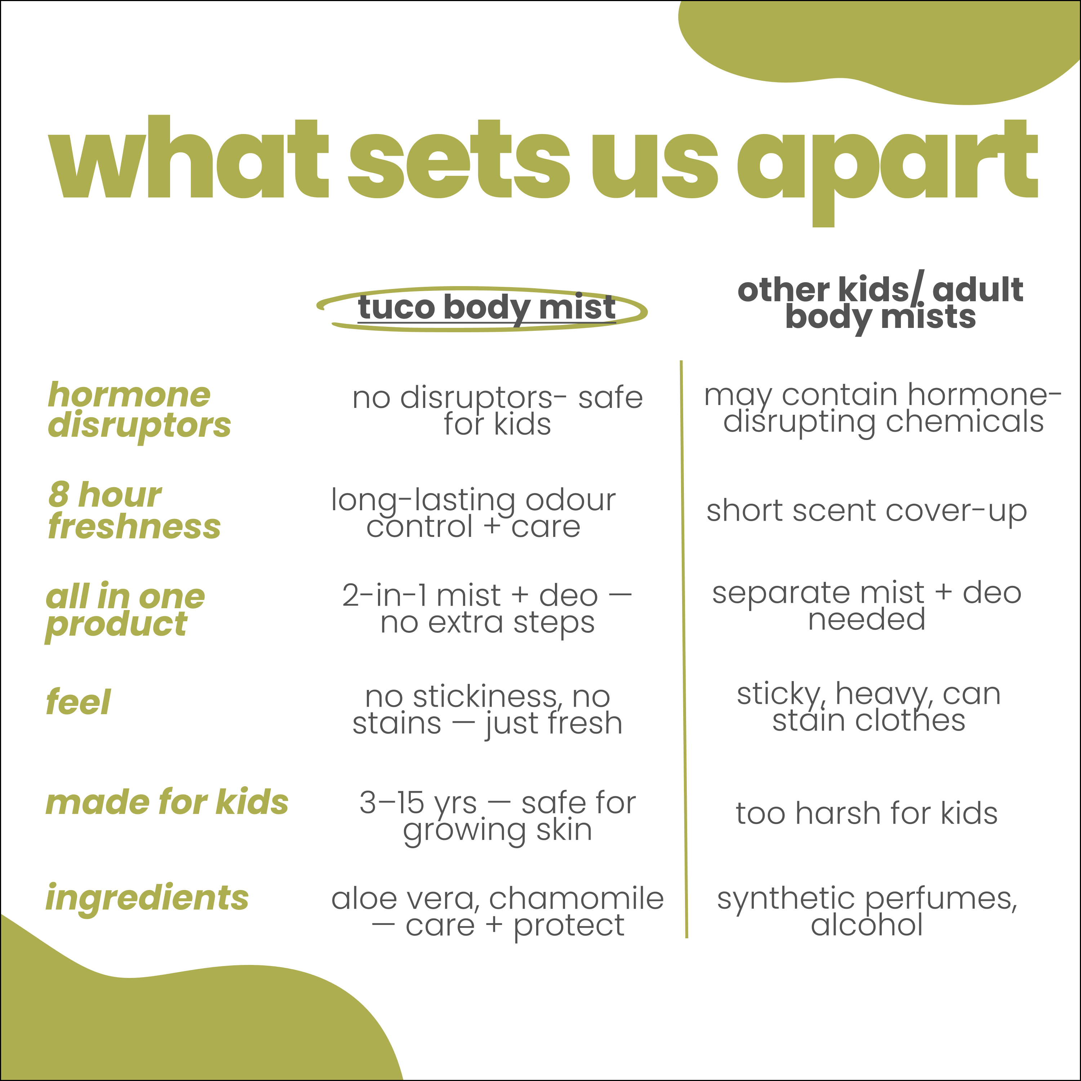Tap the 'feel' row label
78,702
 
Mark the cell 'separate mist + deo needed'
867,606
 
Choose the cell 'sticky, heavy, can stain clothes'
868,707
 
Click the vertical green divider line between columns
684,649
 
